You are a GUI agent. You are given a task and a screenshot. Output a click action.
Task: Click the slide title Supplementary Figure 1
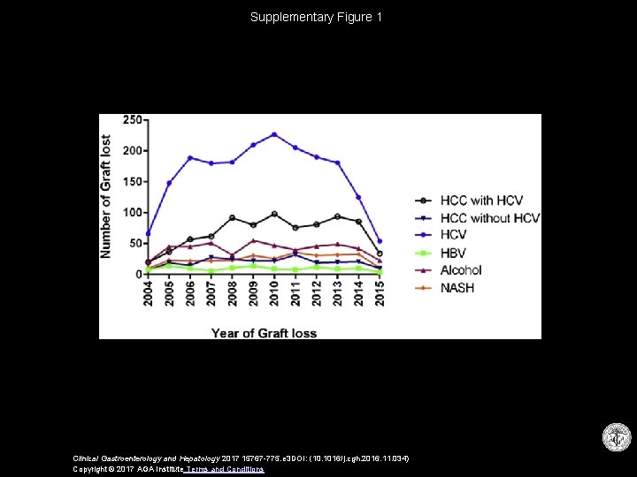pyautogui.click(x=316, y=17)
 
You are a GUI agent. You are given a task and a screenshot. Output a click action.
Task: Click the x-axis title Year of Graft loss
pyautogui.click(x=264, y=333)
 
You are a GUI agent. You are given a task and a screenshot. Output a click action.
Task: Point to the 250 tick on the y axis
pyautogui.click(x=132, y=120)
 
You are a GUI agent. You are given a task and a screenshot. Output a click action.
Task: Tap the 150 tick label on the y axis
pyautogui.click(x=132, y=182)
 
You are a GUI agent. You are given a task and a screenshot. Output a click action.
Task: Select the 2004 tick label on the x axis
pyautogui.click(x=148, y=293)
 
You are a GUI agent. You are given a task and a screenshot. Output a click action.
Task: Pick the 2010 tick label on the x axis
pyautogui.click(x=274, y=293)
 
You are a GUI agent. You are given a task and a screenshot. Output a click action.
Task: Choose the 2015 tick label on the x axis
pyautogui.click(x=380, y=293)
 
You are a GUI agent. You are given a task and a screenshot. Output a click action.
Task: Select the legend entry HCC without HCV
pyautogui.click(x=489, y=218)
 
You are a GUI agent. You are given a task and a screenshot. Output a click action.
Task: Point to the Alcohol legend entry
pyautogui.click(x=461, y=270)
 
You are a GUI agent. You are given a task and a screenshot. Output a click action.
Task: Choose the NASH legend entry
pyautogui.click(x=457, y=288)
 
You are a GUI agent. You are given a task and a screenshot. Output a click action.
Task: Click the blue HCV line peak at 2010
pyautogui.click(x=274, y=134)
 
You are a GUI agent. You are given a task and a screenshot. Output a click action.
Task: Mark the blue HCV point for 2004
pyautogui.click(x=148, y=233)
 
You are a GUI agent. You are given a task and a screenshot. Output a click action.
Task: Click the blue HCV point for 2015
pyautogui.click(x=380, y=241)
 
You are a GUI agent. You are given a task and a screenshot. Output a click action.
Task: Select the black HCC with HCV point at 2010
pyautogui.click(x=274, y=214)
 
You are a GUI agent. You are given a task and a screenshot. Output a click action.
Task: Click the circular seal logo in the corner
pyautogui.click(x=616, y=438)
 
